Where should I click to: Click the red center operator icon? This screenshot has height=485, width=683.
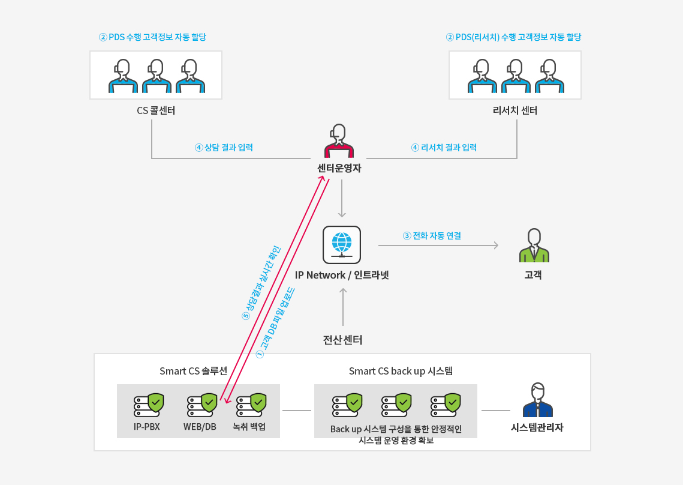(339, 141)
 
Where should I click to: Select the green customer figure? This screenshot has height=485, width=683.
(534, 245)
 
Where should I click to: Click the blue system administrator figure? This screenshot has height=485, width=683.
(537, 400)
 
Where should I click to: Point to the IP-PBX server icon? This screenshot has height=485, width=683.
(149, 405)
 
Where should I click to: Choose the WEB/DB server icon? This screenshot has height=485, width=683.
(202, 405)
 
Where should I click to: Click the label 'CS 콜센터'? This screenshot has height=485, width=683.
(156, 111)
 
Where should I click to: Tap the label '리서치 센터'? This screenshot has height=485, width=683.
(515, 111)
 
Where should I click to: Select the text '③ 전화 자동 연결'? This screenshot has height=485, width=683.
(432, 235)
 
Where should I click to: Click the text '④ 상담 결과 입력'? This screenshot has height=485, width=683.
(224, 148)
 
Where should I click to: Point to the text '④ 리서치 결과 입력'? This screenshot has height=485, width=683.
(444, 148)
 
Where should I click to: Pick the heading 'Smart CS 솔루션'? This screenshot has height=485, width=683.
(194, 371)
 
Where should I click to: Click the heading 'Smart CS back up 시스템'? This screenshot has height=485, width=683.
(401, 371)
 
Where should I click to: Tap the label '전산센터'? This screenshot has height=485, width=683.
(343, 340)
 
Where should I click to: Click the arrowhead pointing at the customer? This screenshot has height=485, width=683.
(496, 245)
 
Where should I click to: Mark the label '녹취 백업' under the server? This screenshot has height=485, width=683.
(249, 427)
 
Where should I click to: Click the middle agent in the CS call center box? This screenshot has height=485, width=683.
(157, 76)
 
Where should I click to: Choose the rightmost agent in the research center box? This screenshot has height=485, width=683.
(550, 76)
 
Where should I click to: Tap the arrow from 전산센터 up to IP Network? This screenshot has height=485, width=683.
(343, 307)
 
